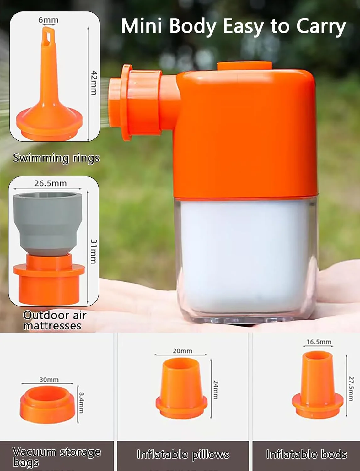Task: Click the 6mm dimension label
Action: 48,20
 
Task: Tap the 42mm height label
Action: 94,83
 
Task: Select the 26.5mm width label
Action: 51,183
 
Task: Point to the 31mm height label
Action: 94,252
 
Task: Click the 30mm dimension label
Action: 49,380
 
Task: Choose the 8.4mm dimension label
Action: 81,403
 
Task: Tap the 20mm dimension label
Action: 182,351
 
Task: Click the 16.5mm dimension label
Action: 319,342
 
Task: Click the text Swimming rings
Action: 56,158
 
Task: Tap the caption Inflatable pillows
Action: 183,454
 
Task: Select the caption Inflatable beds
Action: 306,454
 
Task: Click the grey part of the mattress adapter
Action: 47,224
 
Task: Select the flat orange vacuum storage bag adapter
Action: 47,405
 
